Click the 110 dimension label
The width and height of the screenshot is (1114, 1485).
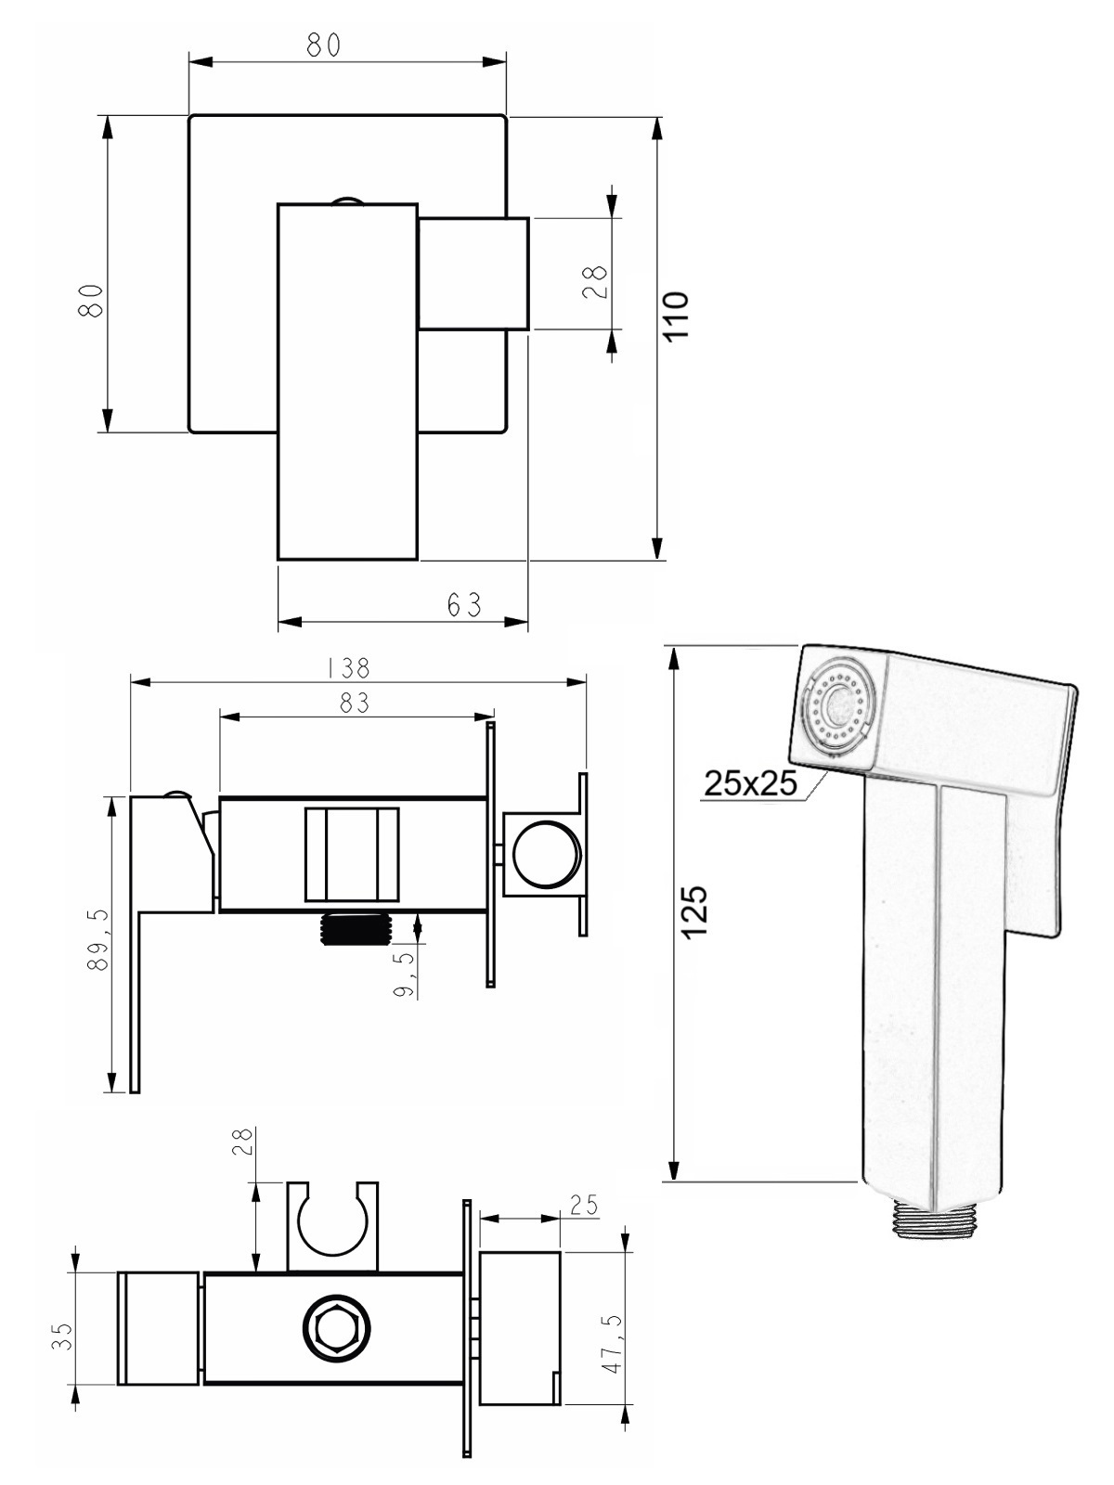click(677, 316)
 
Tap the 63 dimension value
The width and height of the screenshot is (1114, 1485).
click(465, 605)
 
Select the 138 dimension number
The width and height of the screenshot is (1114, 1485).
click(349, 668)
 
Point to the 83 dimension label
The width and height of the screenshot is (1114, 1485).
click(355, 703)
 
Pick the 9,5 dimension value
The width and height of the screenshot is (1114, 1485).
click(404, 975)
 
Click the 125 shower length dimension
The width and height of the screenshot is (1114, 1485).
click(694, 910)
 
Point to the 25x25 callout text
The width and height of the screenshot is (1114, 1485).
click(751, 783)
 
